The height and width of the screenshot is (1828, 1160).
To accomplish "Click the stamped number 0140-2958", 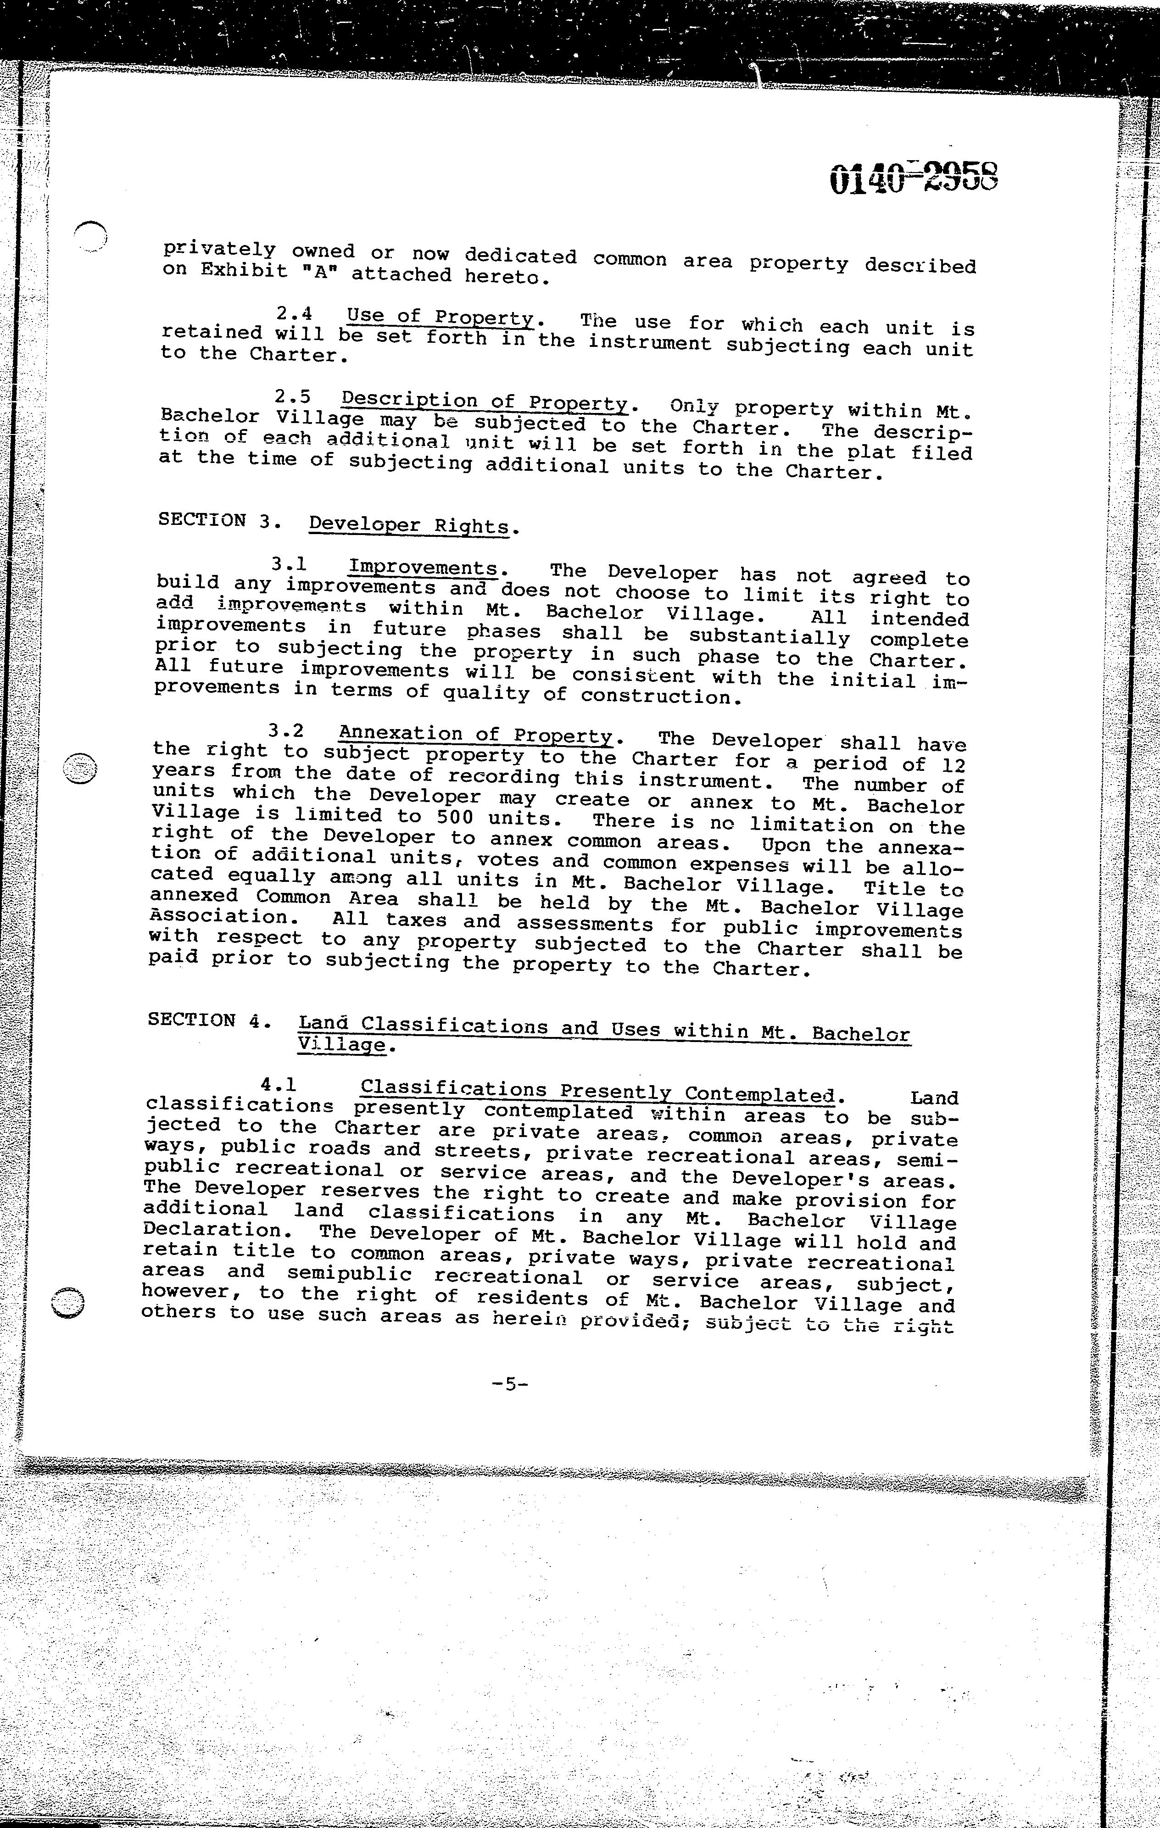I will (913, 178).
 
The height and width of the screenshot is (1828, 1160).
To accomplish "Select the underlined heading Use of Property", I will (441, 318).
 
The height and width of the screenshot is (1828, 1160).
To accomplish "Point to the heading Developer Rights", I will (408, 524).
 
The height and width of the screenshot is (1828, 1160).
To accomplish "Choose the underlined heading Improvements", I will (422, 568).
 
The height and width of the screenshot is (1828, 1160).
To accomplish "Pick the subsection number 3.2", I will (286, 731).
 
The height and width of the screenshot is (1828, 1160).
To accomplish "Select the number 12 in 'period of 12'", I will (952, 765).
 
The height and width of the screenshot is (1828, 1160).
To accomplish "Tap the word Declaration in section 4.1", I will (212, 1229).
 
